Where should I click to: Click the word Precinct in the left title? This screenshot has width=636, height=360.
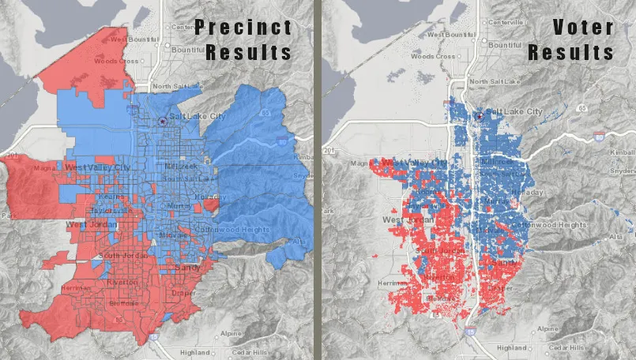[244, 27]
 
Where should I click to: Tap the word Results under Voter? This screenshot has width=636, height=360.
[571, 53]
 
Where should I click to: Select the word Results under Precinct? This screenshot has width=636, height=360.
[249, 53]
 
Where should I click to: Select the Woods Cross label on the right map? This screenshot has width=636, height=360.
[433, 57]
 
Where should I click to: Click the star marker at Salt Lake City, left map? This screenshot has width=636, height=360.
[162, 121]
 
